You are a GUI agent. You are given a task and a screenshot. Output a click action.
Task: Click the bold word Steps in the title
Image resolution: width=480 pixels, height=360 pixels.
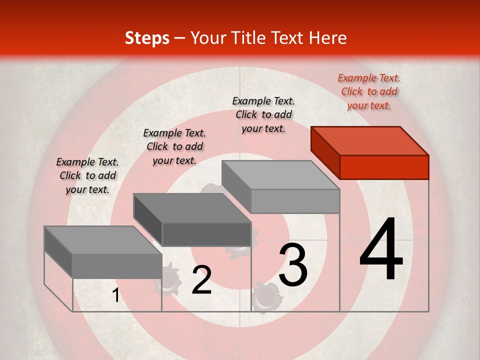click(x=147, y=38)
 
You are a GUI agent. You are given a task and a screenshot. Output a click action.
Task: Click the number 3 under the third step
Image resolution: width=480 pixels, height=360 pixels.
click(x=292, y=265)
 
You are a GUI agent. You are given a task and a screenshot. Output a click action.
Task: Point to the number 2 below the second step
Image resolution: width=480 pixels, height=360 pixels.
click(x=201, y=280)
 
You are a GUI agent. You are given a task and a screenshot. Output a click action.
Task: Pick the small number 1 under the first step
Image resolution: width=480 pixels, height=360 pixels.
click(x=116, y=295)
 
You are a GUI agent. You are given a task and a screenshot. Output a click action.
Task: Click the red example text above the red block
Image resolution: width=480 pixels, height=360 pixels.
click(x=369, y=91)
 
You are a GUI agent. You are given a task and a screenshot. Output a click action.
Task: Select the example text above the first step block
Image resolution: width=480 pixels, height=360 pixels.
click(x=87, y=175)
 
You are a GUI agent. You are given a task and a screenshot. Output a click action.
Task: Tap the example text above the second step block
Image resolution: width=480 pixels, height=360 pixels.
click(x=174, y=146)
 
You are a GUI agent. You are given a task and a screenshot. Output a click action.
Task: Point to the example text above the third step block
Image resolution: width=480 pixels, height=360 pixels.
click(x=263, y=114)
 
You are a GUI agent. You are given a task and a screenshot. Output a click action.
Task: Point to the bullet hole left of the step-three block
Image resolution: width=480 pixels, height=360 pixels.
click(x=212, y=190)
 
